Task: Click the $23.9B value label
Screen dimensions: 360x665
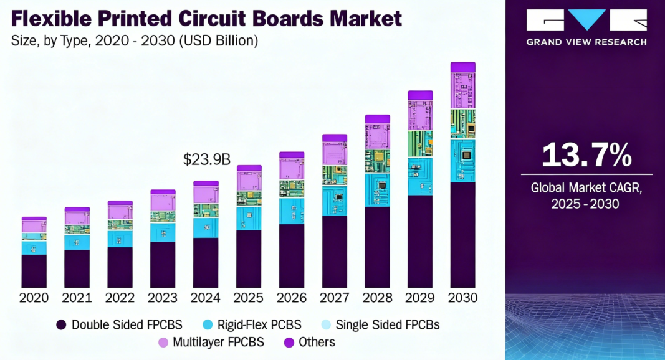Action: (x=206, y=160)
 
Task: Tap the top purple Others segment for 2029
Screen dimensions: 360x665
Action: (x=420, y=95)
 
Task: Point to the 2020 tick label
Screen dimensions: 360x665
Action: (x=34, y=298)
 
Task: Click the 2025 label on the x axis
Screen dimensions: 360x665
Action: (x=249, y=298)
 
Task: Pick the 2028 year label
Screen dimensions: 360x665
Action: (x=377, y=298)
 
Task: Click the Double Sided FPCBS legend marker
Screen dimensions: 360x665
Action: (x=61, y=324)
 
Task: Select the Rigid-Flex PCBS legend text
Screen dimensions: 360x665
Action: (x=259, y=324)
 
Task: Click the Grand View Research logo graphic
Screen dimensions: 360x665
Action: (x=586, y=20)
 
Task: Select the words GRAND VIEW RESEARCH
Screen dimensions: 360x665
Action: (x=586, y=42)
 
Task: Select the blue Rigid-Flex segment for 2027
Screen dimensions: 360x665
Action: (x=334, y=201)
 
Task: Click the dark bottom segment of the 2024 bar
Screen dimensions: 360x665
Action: (x=206, y=262)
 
